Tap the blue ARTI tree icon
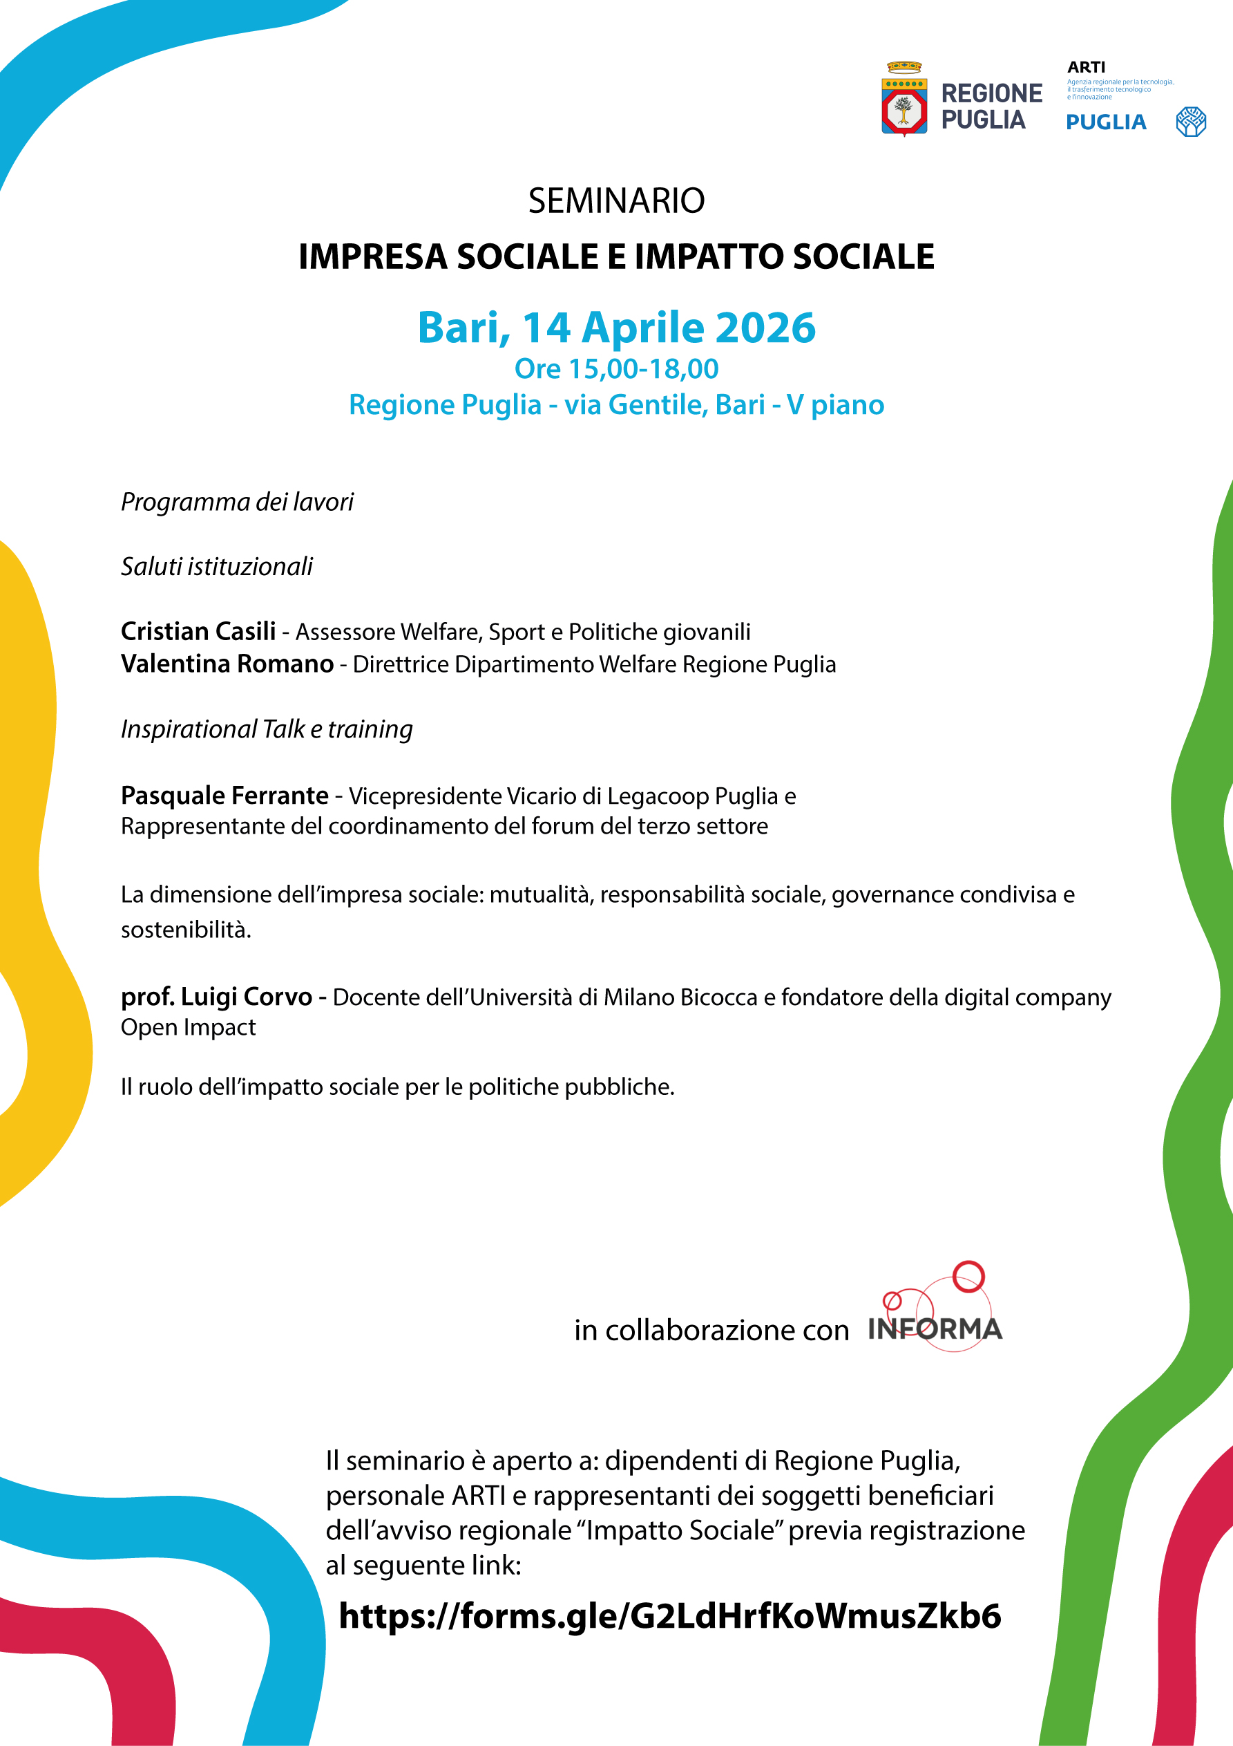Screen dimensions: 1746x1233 pyautogui.click(x=1190, y=122)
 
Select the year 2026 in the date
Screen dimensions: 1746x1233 pyautogui.click(x=765, y=328)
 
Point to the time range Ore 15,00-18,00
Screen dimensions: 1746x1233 pyautogui.click(x=616, y=369)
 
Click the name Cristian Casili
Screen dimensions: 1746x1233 pyautogui.click(x=198, y=631)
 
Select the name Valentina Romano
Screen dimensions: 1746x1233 pyautogui.click(x=227, y=664)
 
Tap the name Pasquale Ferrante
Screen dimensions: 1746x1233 pyautogui.click(x=225, y=796)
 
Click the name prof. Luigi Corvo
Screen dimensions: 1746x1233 pyautogui.click(x=217, y=996)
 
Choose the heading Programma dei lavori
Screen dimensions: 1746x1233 pyautogui.click(x=237, y=502)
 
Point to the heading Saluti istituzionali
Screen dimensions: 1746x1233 pyautogui.click(x=217, y=567)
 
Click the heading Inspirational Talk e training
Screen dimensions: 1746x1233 pyautogui.click(x=267, y=729)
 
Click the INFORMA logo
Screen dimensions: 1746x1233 pyautogui.click(x=935, y=1328)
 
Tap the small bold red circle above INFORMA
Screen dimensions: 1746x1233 pyautogui.click(x=968, y=1276)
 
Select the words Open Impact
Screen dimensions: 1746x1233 pyautogui.click(x=189, y=1027)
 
